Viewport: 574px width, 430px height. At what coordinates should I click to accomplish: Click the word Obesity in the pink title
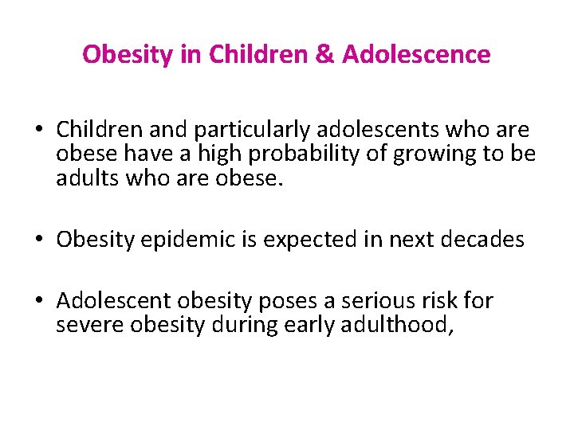[120, 54]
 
